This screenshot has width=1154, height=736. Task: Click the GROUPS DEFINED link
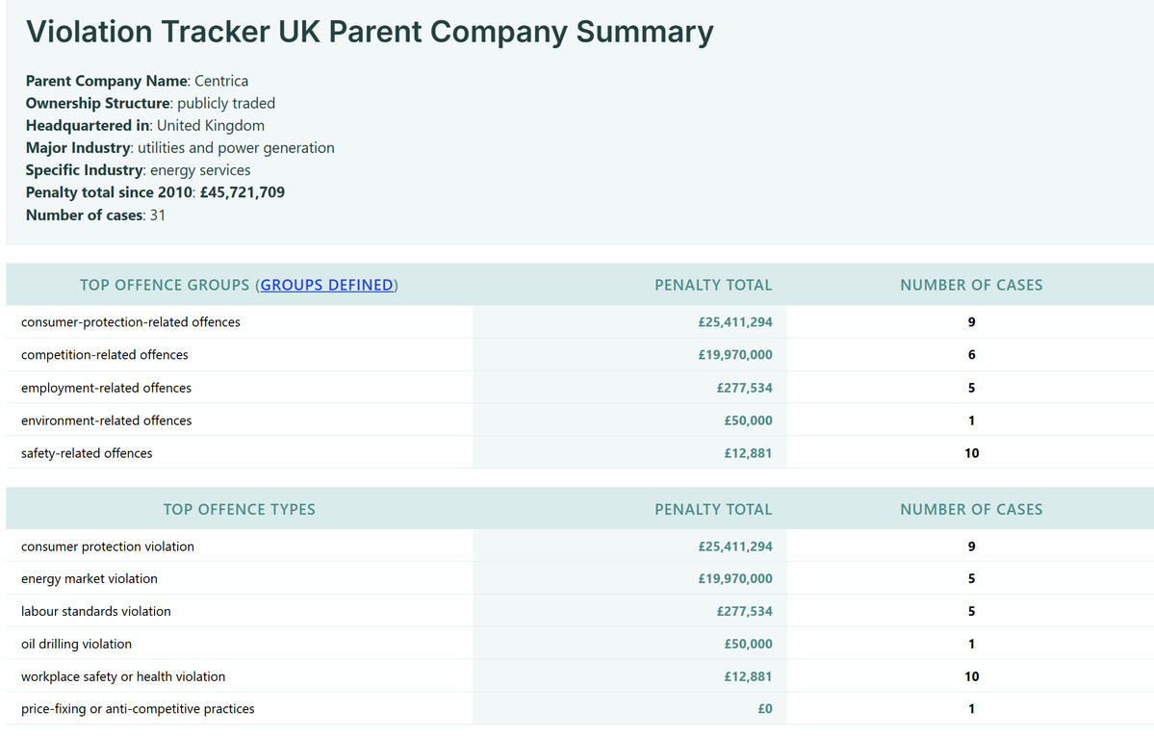(x=327, y=285)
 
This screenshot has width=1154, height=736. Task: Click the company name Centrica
(x=221, y=81)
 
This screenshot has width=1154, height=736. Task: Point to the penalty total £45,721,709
(x=243, y=192)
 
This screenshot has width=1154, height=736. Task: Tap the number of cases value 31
(x=158, y=215)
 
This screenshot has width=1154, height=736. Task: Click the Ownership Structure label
(x=98, y=103)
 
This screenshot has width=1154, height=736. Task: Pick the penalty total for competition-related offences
(x=735, y=355)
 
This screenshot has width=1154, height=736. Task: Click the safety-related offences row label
(x=87, y=453)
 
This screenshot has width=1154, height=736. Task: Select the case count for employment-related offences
(x=971, y=388)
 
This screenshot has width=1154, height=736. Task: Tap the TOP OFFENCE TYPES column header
(x=240, y=509)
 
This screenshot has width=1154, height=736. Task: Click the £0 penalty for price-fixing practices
(x=764, y=709)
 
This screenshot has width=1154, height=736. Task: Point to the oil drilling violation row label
(x=77, y=644)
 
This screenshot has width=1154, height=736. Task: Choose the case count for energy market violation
(x=971, y=578)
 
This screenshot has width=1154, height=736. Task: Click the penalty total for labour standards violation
(x=744, y=611)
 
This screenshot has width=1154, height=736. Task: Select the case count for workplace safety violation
(x=971, y=676)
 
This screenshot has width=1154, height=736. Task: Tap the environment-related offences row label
(x=107, y=420)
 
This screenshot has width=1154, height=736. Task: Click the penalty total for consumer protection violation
(x=735, y=546)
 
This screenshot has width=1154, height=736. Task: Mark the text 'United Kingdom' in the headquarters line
(x=211, y=126)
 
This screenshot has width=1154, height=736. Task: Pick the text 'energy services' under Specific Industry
(x=200, y=170)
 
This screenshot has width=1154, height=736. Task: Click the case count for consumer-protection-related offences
(x=971, y=322)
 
